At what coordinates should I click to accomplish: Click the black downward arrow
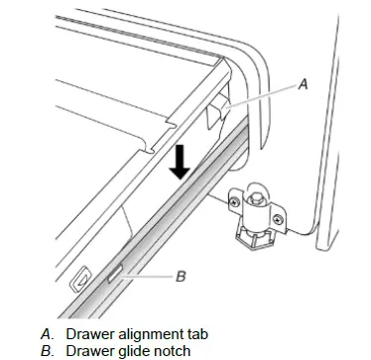click(x=180, y=163)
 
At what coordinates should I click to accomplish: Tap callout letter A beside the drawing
click(x=303, y=84)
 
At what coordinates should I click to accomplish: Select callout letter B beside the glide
click(x=181, y=276)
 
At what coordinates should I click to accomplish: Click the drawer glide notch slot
click(x=115, y=274)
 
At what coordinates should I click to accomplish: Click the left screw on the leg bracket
click(x=234, y=201)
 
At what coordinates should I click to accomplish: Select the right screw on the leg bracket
click(x=278, y=218)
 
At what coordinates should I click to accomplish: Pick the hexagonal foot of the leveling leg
click(x=253, y=239)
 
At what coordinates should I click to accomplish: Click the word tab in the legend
click(x=193, y=334)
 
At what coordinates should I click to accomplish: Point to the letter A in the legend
click(x=47, y=334)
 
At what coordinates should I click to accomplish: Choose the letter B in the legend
click(x=47, y=350)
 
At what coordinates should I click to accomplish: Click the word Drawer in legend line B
click(x=87, y=350)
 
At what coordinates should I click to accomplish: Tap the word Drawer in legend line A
click(x=87, y=334)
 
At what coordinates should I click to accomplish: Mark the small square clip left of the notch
click(x=80, y=278)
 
